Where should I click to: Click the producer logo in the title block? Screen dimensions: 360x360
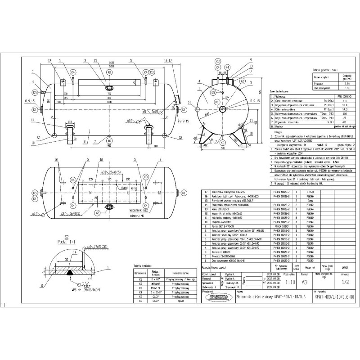coord(217,297)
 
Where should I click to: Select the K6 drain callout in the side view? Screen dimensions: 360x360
coord(111,140)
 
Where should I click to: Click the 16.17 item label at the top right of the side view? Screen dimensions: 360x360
coord(168,60)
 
